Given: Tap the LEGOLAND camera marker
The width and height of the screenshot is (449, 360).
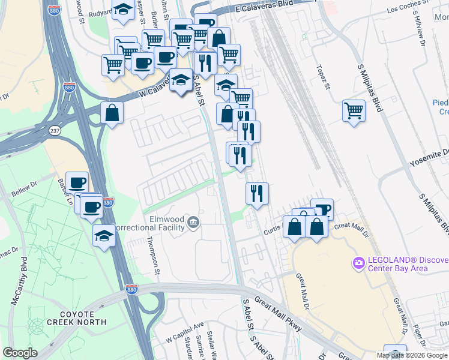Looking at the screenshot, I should (359, 263).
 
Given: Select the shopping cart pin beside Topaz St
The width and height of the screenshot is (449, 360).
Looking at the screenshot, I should (354, 111).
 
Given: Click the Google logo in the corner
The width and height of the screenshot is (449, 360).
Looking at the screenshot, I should (20, 353).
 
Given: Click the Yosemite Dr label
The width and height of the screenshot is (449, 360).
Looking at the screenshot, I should (429, 154).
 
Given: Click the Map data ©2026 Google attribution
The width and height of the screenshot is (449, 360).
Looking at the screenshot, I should (412, 355).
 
